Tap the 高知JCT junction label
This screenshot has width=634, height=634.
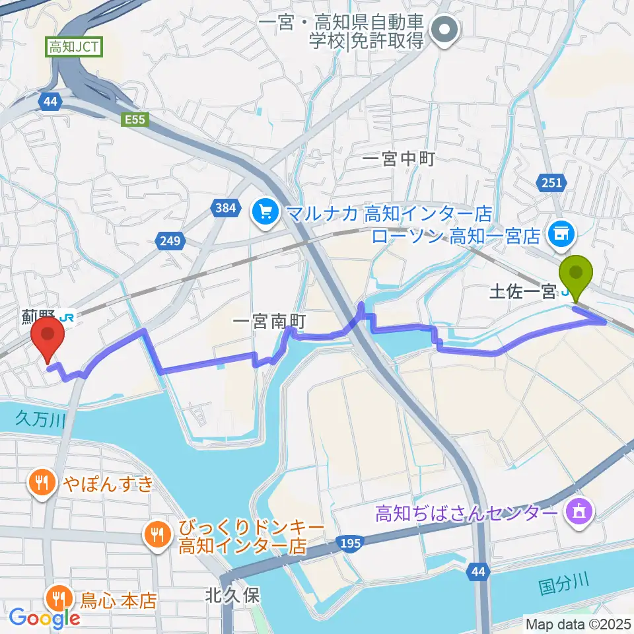[x=73, y=48]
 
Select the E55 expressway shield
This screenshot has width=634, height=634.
[x=136, y=120]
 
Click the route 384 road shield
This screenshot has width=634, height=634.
[x=225, y=209]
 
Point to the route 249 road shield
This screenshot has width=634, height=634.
[x=170, y=241]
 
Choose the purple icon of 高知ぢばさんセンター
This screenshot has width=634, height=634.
[x=579, y=512]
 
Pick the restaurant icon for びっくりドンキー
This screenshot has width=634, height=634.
[x=156, y=533]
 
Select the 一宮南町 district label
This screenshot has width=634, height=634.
[x=270, y=322]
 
